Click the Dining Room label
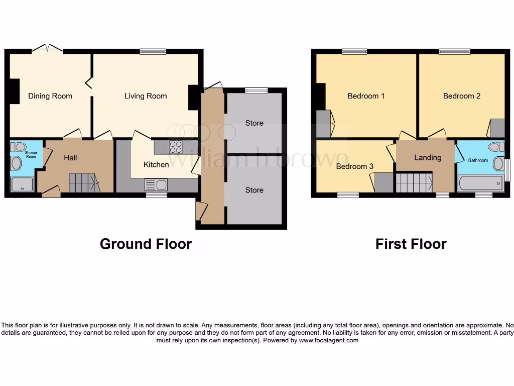[50, 96]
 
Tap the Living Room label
[146, 96]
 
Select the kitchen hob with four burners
[176, 147]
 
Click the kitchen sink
[155, 184]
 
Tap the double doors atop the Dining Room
[47, 49]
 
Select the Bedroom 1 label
[366, 96]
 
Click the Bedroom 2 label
[462, 96]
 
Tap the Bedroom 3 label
[354, 166]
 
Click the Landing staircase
[414, 183]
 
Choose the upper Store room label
[254, 123]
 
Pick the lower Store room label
[254, 190]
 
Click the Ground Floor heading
[146, 244]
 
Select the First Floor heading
[411, 244]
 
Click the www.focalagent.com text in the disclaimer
[329, 340]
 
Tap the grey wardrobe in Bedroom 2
[497, 128]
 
